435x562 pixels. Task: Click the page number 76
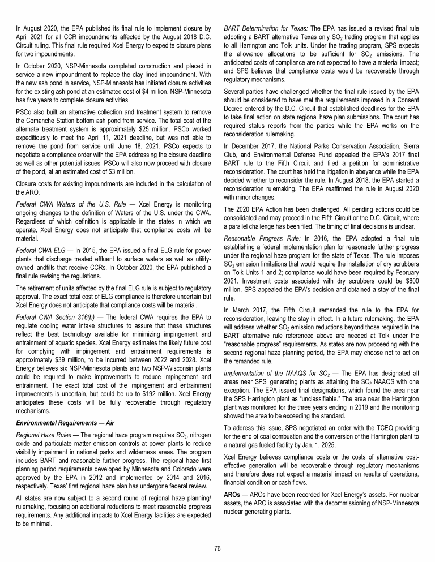[217, 548]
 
